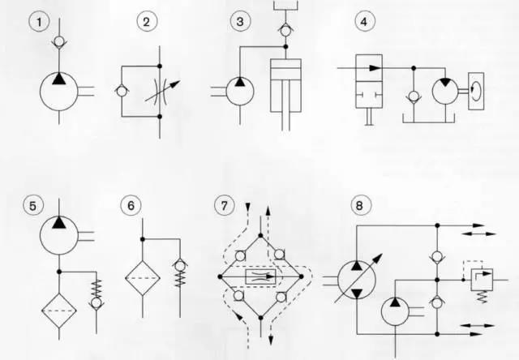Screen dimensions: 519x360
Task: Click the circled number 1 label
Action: tap(39, 22)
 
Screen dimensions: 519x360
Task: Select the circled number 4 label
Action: tap(365, 22)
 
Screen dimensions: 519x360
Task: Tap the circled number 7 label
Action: tap(225, 205)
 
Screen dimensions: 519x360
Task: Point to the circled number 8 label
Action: tap(361, 205)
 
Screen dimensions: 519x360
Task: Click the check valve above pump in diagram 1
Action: tap(59, 41)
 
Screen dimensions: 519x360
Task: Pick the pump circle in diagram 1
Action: tap(59, 92)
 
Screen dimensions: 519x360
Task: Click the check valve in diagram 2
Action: tap(122, 91)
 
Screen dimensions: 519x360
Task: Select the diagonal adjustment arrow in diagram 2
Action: tap(163, 91)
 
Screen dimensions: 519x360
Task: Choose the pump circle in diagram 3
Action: tap(240, 92)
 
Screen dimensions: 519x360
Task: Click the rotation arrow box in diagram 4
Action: tap(476, 92)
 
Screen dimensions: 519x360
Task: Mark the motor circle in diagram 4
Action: tap(445, 91)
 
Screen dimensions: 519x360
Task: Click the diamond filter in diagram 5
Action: tap(59, 311)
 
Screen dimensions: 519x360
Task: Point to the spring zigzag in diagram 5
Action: tap(97, 289)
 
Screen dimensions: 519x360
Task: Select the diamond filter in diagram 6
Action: tap(143, 278)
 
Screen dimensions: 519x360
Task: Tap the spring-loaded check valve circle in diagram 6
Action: tap(180, 265)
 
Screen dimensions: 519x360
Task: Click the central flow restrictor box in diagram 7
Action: tap(260, 276)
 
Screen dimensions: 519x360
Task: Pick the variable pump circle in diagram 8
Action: tap(357, 280)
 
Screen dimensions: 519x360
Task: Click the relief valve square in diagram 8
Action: tap(482, 280)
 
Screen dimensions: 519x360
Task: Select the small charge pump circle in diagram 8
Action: tap(395, 311)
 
